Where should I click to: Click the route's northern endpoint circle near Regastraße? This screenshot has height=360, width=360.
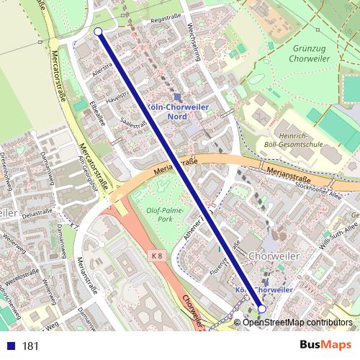pos(98,31)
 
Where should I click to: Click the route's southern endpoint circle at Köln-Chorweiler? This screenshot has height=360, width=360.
pos(262,308)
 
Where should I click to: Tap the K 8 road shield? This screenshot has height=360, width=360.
pos(157,255)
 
